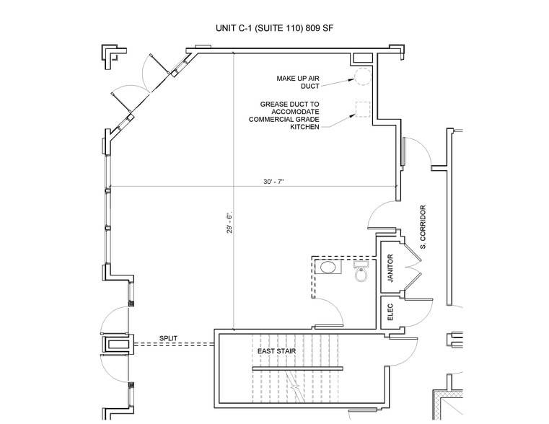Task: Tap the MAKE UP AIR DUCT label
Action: point(298,82)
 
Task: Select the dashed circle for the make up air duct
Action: point(361,77)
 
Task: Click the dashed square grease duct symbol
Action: point(361,109)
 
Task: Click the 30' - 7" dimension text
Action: point(273,182)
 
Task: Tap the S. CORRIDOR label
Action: point(424,227)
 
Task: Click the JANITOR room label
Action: point(390,271)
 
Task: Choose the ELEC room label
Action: point(390,312)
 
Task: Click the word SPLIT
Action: point(169,338)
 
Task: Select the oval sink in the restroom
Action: point(329,268)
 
